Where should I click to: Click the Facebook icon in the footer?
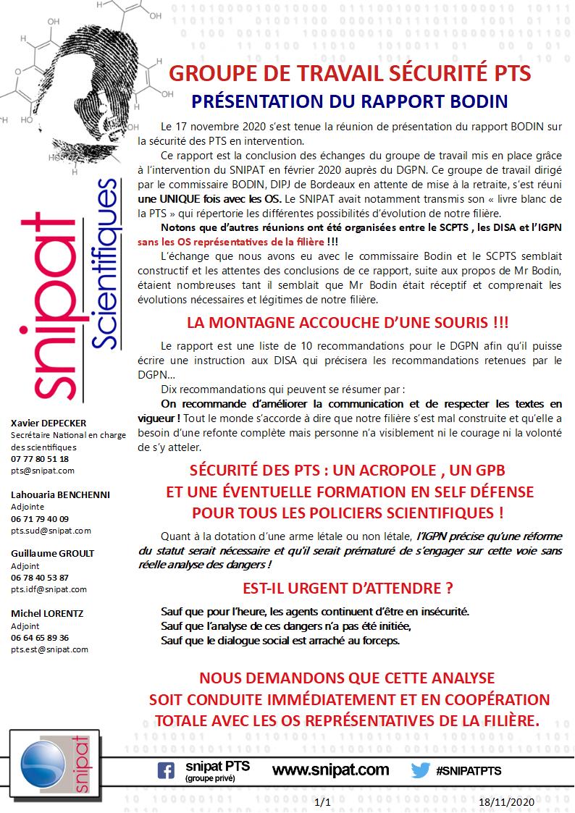pyautogui.click(x=166, y=771)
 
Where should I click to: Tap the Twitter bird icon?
pyautogui.click(x=421, y=770)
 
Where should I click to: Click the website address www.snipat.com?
pyautogui.click(x=330, y=770)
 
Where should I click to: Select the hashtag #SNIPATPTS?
pyautogui.click(x=469, y=771)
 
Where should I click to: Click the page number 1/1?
pyautogui.click(x=323, y=803)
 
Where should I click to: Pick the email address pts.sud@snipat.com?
pyautogui.click(x=51, y=531)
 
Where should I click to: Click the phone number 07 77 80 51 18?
pyautogui.click(x=40, y=458)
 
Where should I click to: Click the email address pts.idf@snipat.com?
pyautogui.click(x=49, y=589)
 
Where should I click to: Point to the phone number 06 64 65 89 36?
pyautogui.click(x=40, y=637)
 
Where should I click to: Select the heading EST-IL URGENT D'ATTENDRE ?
pyautogui.click(x=348, y=588)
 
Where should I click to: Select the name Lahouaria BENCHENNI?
pyautogui.click(x=60, y=495)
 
